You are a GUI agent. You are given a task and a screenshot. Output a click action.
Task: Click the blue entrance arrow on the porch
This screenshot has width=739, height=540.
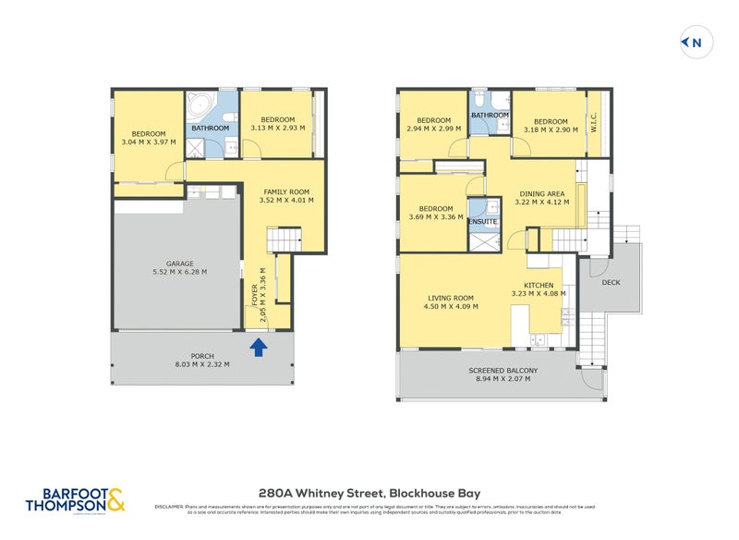pos(260,347)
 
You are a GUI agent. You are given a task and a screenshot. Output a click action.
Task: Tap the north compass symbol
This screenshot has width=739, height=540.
pos(693,42)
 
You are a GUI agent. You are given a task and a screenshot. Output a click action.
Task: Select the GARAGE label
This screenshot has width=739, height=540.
pos(179,264)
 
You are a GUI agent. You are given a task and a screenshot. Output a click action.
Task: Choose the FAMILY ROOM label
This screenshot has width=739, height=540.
pos(287,190)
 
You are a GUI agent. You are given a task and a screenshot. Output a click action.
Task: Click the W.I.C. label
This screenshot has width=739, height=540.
pos(595,122)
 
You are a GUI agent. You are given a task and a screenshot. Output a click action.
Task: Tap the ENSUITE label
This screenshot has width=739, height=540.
pos(481,222)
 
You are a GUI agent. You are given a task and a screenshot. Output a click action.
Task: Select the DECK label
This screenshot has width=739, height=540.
pos(611,282)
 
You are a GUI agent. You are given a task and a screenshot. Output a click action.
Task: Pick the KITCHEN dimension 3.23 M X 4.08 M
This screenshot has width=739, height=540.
pos(539,294)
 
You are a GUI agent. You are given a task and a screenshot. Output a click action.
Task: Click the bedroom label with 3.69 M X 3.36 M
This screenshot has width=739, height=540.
pos(436,208)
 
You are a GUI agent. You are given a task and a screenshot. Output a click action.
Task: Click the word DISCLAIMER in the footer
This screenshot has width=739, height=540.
pos(170,506)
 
